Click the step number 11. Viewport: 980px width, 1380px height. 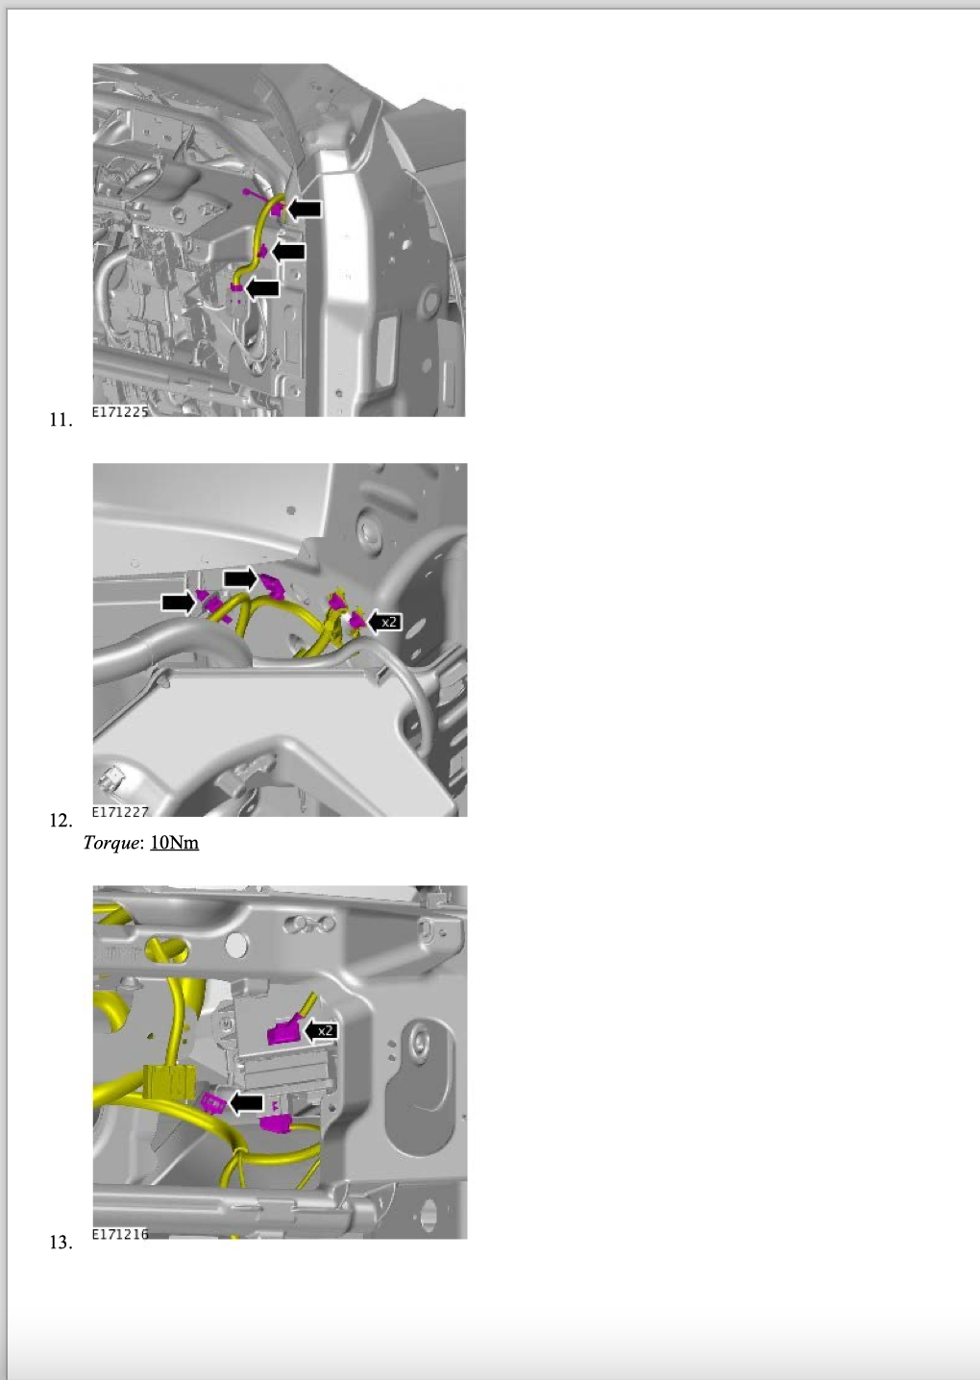61,420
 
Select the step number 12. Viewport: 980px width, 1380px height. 61,820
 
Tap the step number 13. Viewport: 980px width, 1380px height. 61,1242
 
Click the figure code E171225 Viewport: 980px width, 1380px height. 120,411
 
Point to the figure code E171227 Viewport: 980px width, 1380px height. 120,811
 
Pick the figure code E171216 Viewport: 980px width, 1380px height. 120,1233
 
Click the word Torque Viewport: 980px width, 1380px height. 111,843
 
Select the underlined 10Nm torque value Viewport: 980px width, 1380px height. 174,842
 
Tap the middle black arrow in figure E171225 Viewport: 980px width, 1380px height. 288,252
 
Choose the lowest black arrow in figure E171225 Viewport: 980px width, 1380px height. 262,287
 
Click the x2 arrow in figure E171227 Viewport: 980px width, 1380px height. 384,622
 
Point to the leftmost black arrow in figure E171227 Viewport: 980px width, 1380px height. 178,602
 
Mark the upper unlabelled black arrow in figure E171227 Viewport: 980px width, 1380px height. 240,578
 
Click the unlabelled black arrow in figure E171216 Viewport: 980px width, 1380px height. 246,1102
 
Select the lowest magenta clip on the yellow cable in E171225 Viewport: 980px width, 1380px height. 236,287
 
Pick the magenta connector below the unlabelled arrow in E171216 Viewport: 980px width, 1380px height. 277,1123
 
